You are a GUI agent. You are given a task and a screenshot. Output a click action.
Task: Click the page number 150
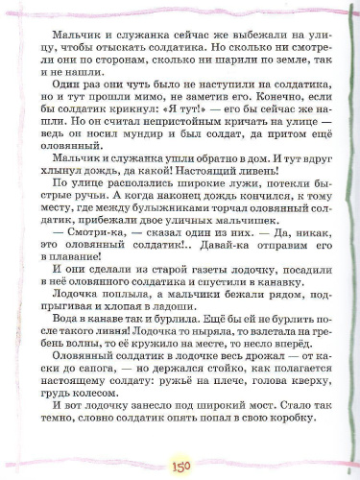pyautogui.click(x=180, y=464)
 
